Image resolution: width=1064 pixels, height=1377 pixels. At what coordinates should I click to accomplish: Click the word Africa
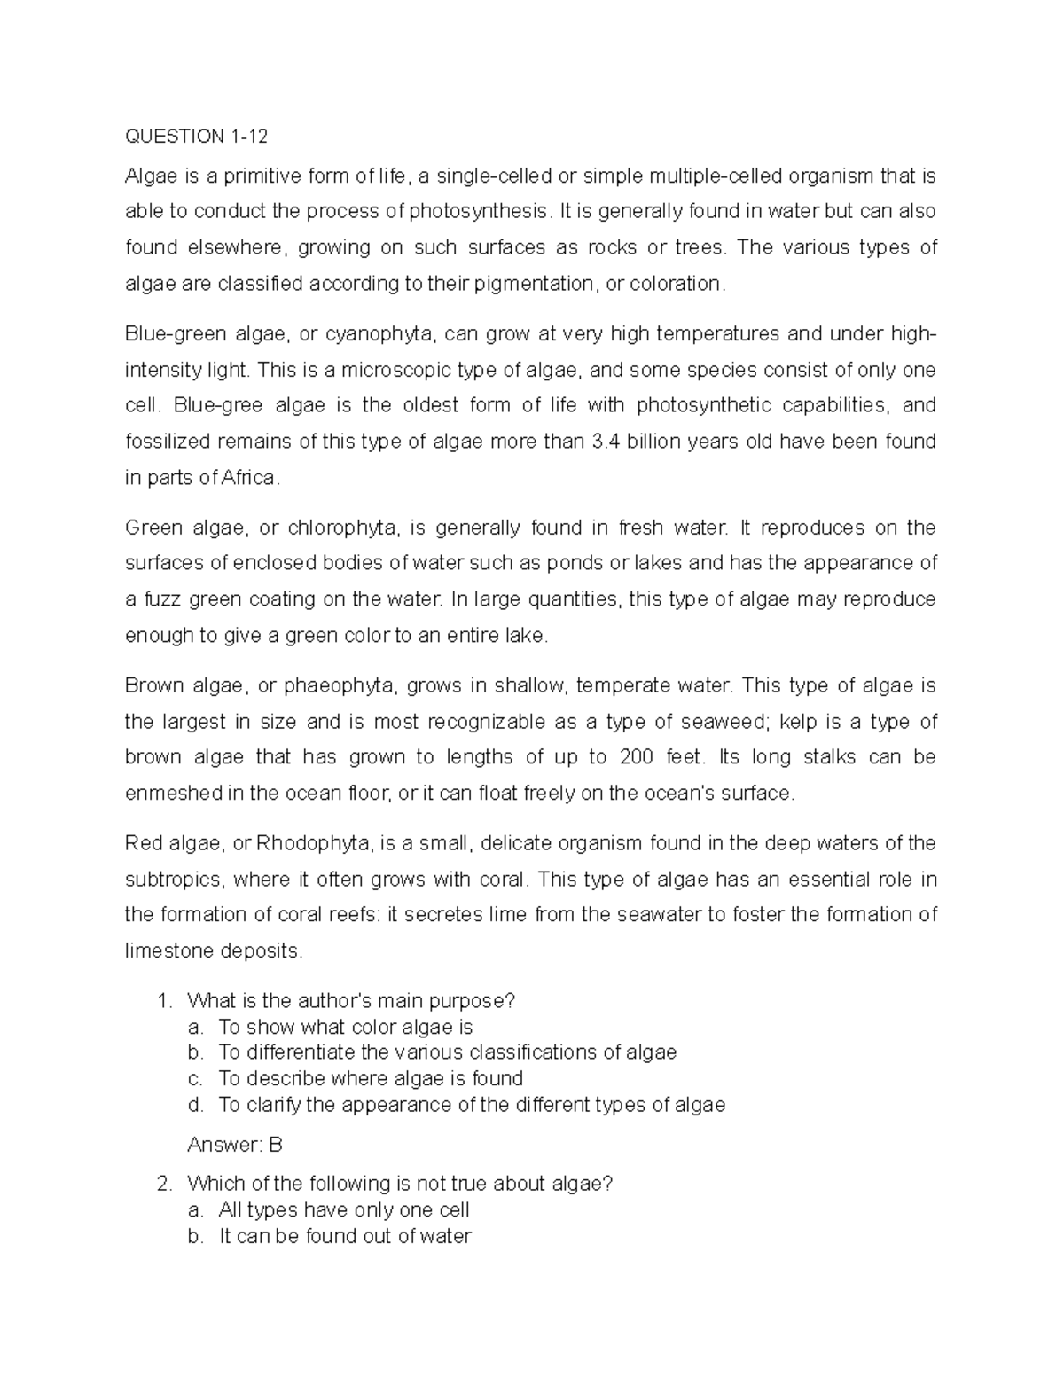[x=249, y=478]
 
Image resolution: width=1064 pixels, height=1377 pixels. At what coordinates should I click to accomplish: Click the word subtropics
[x=177, y=880]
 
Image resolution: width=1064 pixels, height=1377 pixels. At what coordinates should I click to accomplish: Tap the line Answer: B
[x=235, y=1145]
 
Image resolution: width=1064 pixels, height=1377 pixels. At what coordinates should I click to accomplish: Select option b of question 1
[x=447, y=1052]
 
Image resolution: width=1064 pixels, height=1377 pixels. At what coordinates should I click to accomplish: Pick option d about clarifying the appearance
[x=471, y=1105]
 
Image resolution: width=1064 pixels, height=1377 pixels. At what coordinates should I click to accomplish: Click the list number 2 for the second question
[x=161, y=1184]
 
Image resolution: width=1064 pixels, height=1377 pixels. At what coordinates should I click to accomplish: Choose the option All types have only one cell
[x=344, y=1210]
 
